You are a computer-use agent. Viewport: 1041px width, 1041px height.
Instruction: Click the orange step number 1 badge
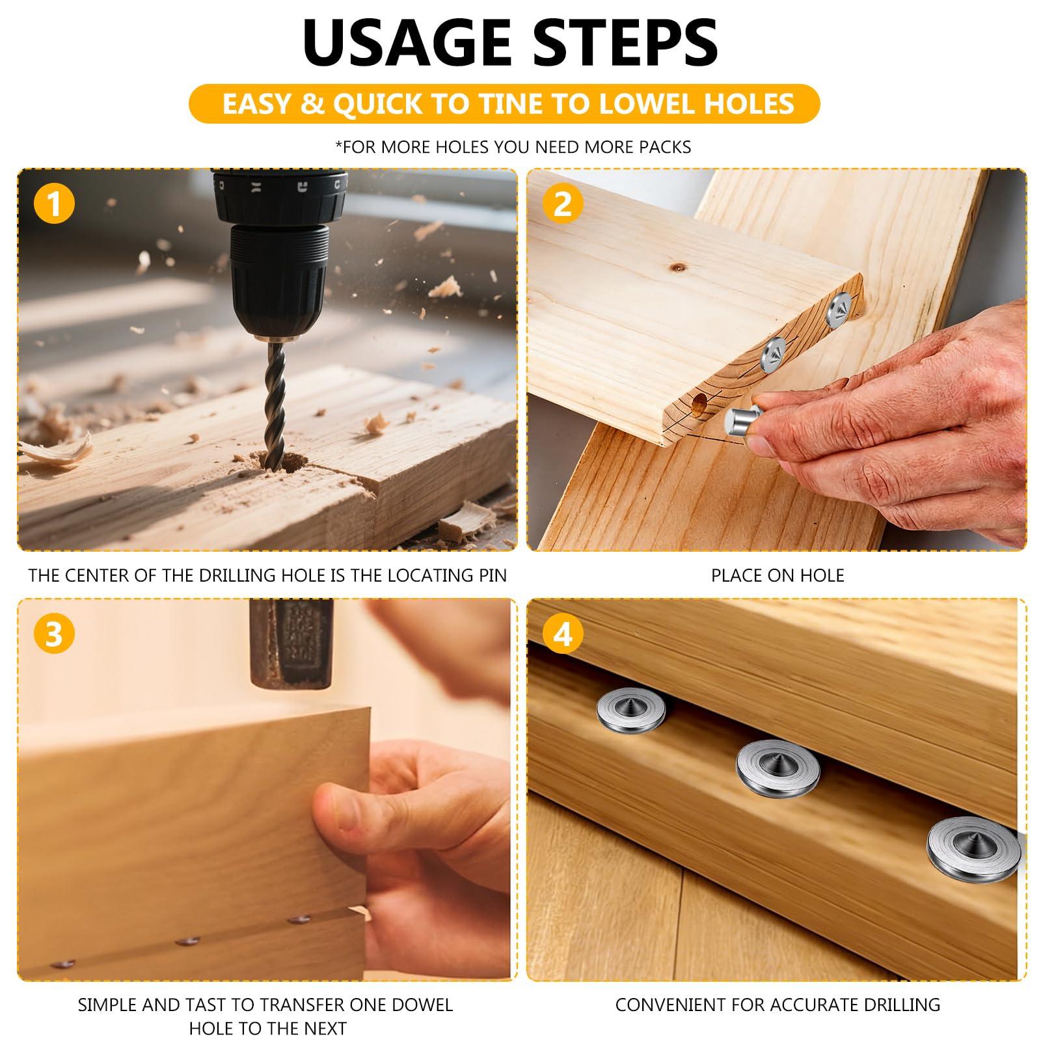click(x=54, y=203)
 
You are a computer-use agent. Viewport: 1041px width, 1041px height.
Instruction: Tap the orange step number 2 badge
click(x=563, y=203)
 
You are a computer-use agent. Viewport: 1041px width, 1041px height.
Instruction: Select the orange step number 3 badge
click(x=54, y=633)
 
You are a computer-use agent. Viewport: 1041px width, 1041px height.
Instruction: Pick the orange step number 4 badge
click(x=563, y=633)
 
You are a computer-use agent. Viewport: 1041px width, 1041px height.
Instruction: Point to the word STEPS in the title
click(x=626, y=43)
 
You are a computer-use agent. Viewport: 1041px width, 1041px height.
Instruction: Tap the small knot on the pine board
click(x=679, y=267)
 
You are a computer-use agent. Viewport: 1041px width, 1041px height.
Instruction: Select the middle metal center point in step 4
click(x=777, y=766)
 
